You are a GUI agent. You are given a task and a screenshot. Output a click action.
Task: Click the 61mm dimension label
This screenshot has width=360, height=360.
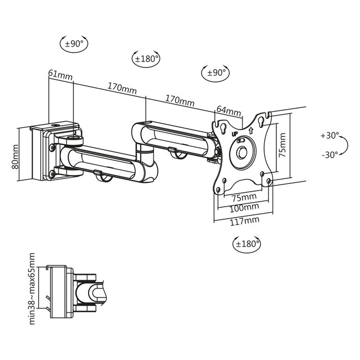point(60,74)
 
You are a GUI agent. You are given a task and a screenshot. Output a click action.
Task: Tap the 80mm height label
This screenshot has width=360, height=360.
point(16,156)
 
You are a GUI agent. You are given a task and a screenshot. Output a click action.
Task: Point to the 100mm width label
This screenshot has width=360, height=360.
point(244,207)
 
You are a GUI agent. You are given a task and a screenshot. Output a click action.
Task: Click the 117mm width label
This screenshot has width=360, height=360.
point(244,220)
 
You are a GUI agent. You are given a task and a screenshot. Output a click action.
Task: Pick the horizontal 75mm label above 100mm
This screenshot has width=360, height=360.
point(244,197)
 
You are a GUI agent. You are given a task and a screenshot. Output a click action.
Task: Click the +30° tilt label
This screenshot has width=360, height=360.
point(330,136)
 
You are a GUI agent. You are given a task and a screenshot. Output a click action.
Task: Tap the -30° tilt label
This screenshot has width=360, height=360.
point(330,155)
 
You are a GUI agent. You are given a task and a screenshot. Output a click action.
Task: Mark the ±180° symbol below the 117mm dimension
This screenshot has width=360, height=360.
point(247,243)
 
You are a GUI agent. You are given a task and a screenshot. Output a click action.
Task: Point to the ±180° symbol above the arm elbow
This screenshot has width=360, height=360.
point(146,58)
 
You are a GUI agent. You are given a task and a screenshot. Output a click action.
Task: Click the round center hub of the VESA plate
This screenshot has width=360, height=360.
point(242,151)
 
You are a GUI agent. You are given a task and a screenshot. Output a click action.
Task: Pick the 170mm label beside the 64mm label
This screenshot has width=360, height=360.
point(180,101)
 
